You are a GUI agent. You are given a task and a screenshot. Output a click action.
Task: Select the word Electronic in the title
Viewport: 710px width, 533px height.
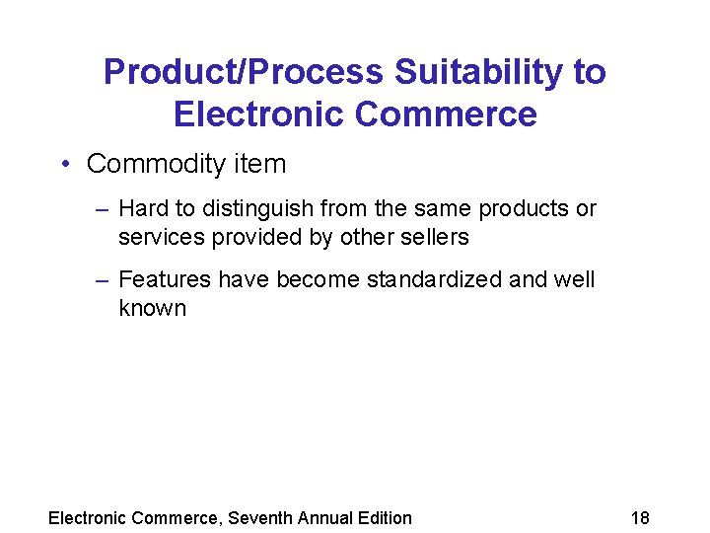(x=258, y=114)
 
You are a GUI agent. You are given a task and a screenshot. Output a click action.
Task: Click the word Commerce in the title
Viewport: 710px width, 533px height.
(x=446, y=114)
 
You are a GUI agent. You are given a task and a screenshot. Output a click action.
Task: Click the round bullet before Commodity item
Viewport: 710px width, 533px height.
(x=64, y=164)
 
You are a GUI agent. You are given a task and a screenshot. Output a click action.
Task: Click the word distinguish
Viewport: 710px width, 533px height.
(x=253, y=209)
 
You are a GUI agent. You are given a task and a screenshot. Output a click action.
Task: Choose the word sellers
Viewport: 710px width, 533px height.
(x=435, y=237)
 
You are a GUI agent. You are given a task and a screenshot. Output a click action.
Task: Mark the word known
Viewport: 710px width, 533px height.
(x=152, y=308)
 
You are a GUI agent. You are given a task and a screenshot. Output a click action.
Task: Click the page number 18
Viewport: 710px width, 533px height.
(x=640, y=517)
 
